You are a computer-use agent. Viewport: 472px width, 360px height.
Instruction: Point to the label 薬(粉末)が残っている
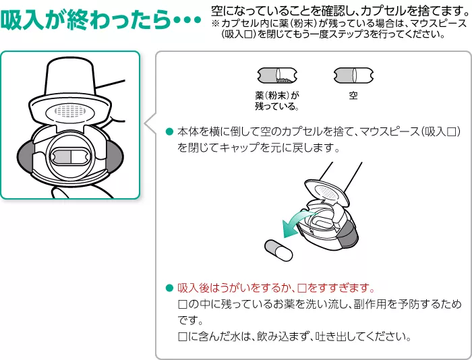coord(276,101)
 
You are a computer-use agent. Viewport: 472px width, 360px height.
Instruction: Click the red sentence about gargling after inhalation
coord(274,287)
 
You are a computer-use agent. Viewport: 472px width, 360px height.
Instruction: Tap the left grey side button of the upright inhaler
coord(28,156)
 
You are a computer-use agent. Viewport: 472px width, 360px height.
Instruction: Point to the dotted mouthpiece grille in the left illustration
coord(70,109)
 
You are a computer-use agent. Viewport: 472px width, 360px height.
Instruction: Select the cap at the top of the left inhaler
coord(70,76)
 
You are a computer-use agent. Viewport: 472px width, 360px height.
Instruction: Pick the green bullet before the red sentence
coord(169,287)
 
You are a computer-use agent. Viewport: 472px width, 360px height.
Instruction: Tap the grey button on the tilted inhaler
coord(349,237)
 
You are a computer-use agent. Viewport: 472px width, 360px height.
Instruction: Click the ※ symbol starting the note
coord(215,23)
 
